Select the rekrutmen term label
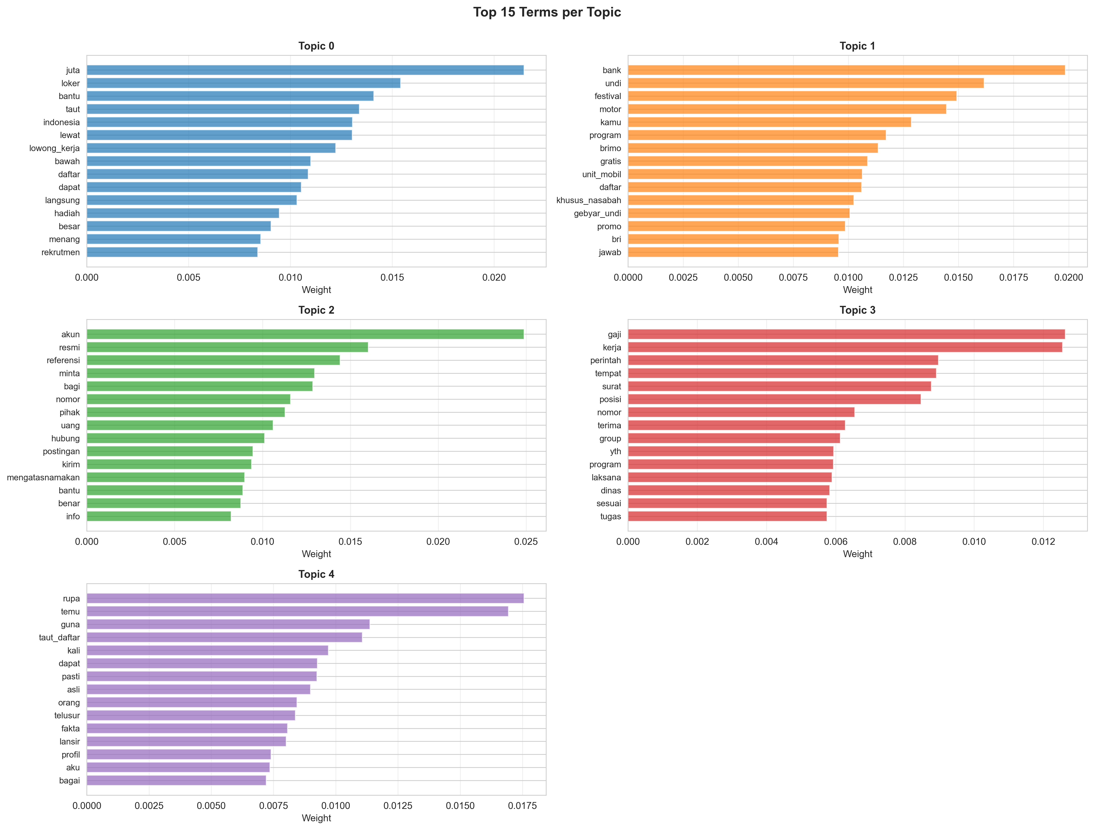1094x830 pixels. pos(60,252)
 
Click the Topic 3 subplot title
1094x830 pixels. pos(857,310)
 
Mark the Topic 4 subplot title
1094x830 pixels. pos(316,574)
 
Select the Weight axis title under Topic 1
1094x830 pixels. pos(857,290)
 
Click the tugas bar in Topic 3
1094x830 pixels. pos(727,516)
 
